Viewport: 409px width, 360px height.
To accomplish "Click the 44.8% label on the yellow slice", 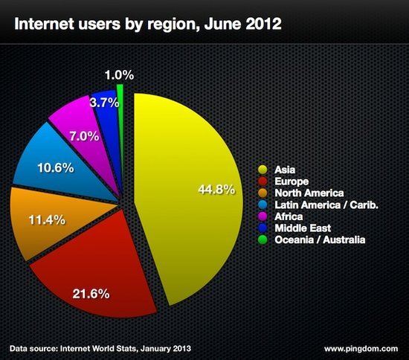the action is point(216,189).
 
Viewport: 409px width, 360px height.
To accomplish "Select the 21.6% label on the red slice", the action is point(91,294).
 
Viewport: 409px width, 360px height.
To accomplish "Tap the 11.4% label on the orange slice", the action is point(47,219).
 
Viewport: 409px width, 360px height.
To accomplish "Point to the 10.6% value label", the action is point(56,167).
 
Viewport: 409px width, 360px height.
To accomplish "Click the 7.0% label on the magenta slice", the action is point(84,136).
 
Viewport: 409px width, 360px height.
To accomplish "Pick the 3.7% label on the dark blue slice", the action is point(104,103).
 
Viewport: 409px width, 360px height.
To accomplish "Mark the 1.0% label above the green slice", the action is point(119,75).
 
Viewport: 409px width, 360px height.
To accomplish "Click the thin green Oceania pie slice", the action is point(120,141).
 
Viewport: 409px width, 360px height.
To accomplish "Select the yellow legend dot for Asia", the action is point(263,170).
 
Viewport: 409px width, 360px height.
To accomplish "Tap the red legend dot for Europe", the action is point(263,181).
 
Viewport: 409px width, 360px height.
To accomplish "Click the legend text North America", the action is point(309,193).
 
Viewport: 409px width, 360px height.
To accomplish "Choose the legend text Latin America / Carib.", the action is point(326,205).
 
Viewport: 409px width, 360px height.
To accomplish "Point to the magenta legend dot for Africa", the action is point(263,216).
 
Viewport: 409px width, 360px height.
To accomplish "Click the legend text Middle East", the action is point(303,228).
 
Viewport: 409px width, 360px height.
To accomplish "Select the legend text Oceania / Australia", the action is point(320,240).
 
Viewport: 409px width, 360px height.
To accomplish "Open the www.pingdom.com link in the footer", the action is point(361,349).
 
